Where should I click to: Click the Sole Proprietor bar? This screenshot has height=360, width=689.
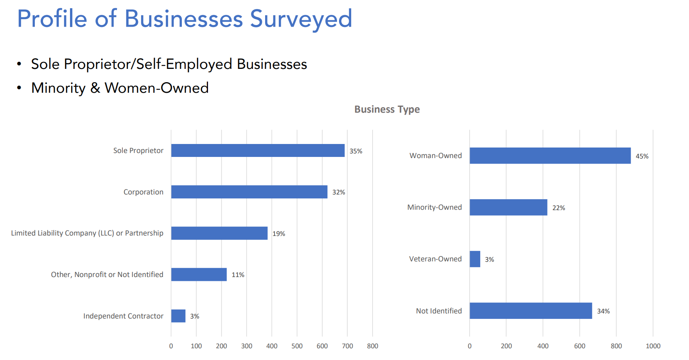point(258,151)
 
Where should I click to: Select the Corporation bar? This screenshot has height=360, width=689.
point(249,192)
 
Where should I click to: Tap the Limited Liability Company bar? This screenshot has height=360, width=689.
point(219,233)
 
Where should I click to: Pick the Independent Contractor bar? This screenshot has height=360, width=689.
point(178,316)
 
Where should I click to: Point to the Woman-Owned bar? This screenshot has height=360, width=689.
point(550,156)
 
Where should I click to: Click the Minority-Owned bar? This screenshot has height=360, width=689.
point(508,207)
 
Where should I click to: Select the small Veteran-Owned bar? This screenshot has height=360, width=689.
point(475,259)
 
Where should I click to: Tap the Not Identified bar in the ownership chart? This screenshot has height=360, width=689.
point(531,311)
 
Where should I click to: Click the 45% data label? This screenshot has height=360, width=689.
point(642,156)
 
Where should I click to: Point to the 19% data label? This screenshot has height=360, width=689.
point(279,234)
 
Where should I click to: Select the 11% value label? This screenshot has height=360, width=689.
point(238,275)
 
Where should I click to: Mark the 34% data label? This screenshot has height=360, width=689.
point(603,311)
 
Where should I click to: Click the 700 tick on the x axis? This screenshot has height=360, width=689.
point(347,346)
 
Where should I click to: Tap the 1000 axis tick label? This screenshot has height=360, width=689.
point(653,346)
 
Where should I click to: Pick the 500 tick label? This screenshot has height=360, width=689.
point(297,346)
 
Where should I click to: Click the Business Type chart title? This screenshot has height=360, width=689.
point(387,109)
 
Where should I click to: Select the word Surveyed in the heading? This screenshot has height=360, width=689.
point(301,19)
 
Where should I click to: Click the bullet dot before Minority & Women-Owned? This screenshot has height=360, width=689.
point(19,88)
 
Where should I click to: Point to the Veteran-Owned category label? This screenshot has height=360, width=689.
point(435,259)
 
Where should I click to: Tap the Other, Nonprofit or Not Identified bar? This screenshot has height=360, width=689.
point(199,275)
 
